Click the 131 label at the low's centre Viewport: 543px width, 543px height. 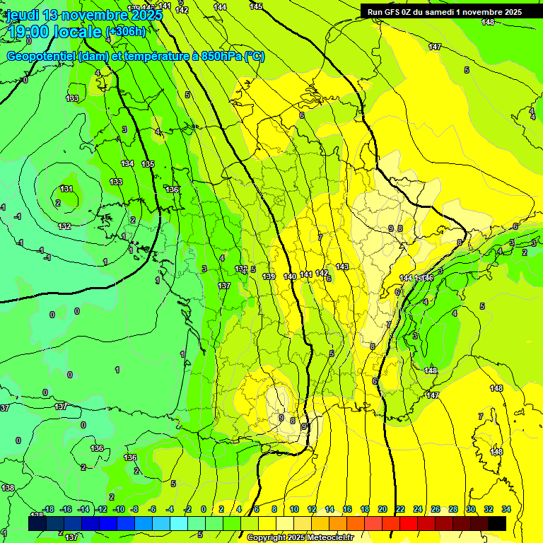66,189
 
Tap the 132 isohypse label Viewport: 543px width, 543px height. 64,226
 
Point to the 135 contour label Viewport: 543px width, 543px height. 148,164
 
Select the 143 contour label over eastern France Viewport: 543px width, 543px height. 342,267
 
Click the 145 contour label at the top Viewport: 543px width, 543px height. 256,6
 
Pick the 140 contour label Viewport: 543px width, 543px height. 290,276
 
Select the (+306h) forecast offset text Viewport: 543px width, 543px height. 125,32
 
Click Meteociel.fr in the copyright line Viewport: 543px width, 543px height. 328,538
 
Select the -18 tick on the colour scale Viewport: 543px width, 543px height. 48,509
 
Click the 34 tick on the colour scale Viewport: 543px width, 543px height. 506,509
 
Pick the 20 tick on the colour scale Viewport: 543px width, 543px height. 383,509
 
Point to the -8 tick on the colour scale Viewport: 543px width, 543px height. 134,509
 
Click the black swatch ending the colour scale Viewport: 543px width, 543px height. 497,523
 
